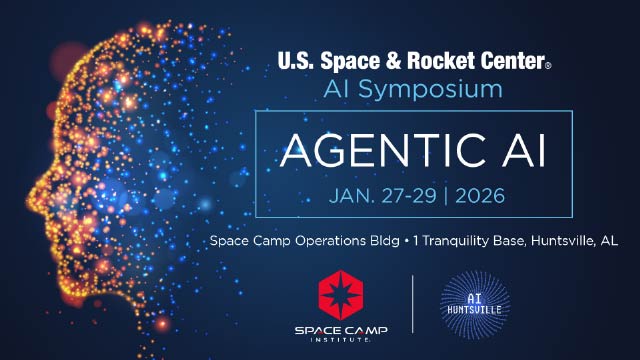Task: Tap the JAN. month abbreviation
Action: tap(351, 195)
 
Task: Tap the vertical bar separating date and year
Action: tap(447, 195)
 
